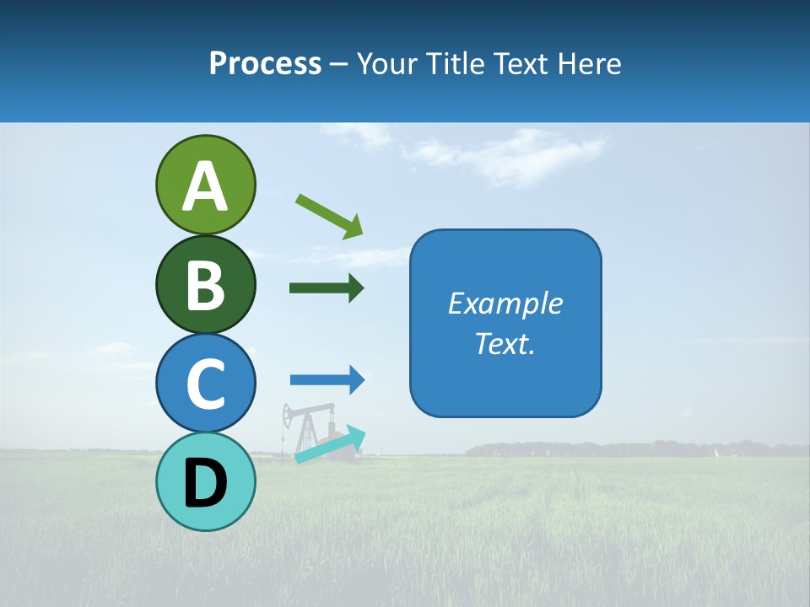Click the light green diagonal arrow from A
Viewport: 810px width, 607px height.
coord(329,216)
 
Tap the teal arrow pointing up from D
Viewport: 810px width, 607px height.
coord(330,444)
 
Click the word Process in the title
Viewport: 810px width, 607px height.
coord(265,63)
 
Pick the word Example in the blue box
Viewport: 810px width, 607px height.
coord(505,303)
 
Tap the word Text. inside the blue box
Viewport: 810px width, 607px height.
coord(505,344)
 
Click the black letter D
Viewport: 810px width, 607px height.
coord(205,483)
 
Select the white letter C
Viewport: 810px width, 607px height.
coord(205,384)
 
